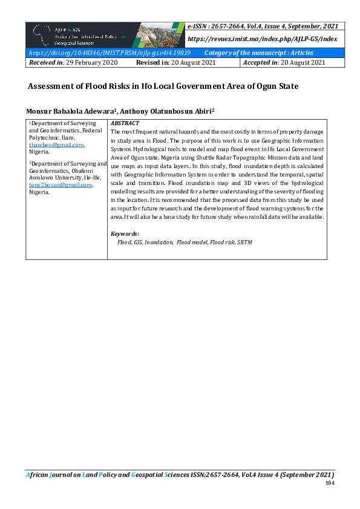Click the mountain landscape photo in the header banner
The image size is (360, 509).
coord(161,34)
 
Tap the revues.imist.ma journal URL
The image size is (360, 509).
coord(262,38)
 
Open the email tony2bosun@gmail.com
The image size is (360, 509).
coord(61,185)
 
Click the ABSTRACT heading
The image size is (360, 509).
coord(125,123)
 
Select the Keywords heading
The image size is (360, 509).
coord(125,233)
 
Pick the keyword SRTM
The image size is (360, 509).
coord(244,242)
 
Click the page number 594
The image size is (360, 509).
coord(330,484)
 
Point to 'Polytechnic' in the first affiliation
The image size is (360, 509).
coord(44,138)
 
